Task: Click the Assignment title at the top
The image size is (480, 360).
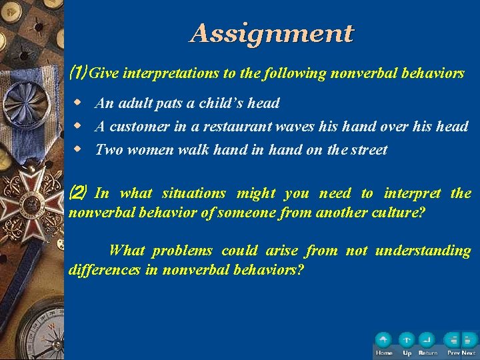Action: [271, 33]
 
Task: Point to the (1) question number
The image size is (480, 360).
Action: [77, 73]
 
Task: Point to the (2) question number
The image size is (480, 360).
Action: [77, 193]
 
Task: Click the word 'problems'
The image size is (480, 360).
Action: [182, 251]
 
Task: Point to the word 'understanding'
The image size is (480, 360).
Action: [423, 251]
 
